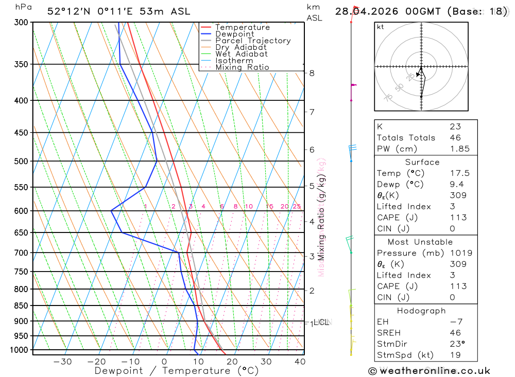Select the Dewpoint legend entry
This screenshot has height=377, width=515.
[x=234, y=34]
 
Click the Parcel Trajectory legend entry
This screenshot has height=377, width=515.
[x=252, y=41]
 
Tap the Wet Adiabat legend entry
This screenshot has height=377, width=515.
[x=241, y=54]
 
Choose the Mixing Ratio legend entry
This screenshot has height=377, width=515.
[x=242, y=67]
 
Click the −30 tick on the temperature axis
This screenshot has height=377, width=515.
[x=63, y=362]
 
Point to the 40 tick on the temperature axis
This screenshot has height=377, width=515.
[x=299, y=362]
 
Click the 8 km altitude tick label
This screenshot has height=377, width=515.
[x=312, y=73]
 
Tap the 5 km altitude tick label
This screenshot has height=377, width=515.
[x=312, y=186]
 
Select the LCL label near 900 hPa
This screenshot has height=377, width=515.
[x=321, y=322]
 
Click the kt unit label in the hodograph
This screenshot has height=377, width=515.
[x=381, y=27]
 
